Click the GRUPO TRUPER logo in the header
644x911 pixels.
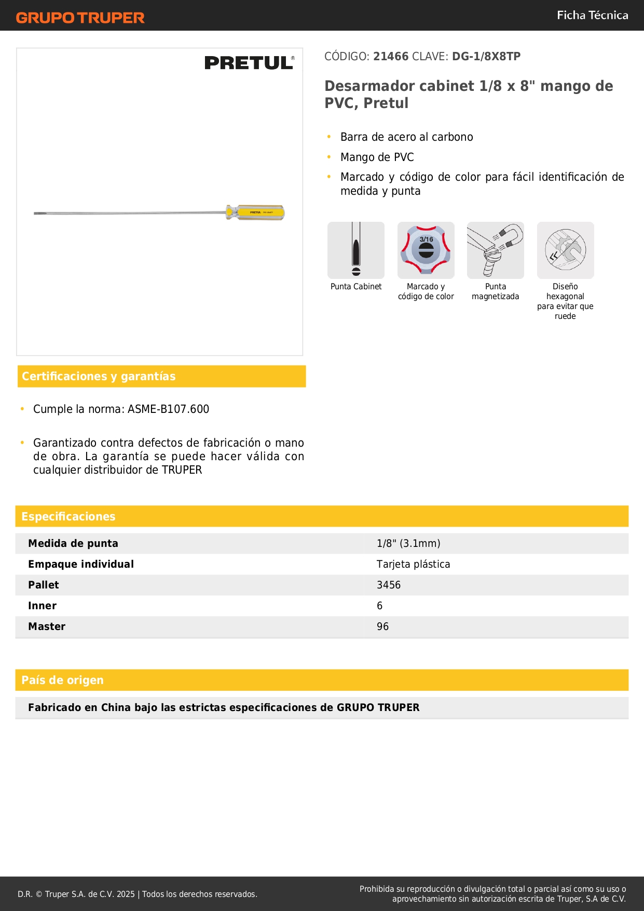coord(80,18)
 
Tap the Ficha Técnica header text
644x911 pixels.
coord(592,15)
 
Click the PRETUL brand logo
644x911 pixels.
coord(249,63)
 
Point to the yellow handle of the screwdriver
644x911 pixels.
coord(256,212)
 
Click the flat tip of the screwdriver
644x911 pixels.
coord(37,213)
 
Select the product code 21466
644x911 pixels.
coord(391,57)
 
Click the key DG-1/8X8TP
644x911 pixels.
coord(486,57)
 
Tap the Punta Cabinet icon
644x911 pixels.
coord(356,250)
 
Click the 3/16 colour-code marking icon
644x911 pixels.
coord(426,250)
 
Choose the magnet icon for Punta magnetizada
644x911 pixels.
coord(495,250)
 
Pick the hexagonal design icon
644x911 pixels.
coord(565,250)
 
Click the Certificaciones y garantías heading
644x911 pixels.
coord(99,377)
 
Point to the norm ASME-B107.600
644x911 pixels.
coord(168,409)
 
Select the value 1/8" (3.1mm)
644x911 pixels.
coord(408,543)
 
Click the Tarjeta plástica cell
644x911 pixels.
coord(413,564)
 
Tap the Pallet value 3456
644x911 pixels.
coord(389,585)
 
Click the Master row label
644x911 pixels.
coord(47,626)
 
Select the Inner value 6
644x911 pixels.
coord(380,606)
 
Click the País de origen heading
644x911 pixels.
coord(62,680)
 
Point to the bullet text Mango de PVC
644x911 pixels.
coord(377,157)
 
